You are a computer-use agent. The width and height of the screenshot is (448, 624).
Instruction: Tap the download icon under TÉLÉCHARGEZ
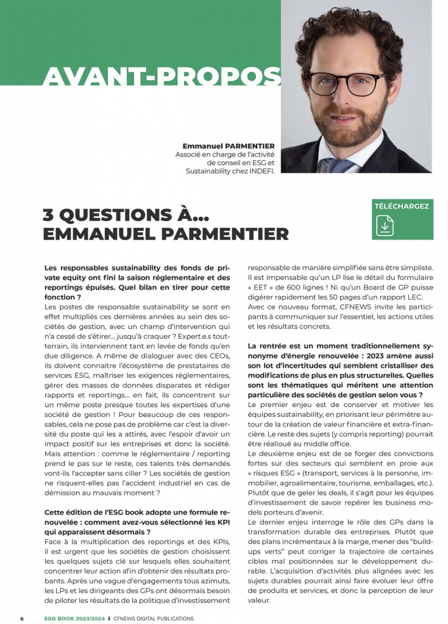pos(385,225)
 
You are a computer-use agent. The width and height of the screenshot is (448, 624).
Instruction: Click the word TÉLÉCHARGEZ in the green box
pos(402,206)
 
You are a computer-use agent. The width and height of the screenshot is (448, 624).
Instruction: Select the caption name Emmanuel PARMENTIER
pos(229,146)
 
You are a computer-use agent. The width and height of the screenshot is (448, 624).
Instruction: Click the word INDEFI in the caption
pos(261,171)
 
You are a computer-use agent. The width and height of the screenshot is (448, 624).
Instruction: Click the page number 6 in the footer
pos(22,619)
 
